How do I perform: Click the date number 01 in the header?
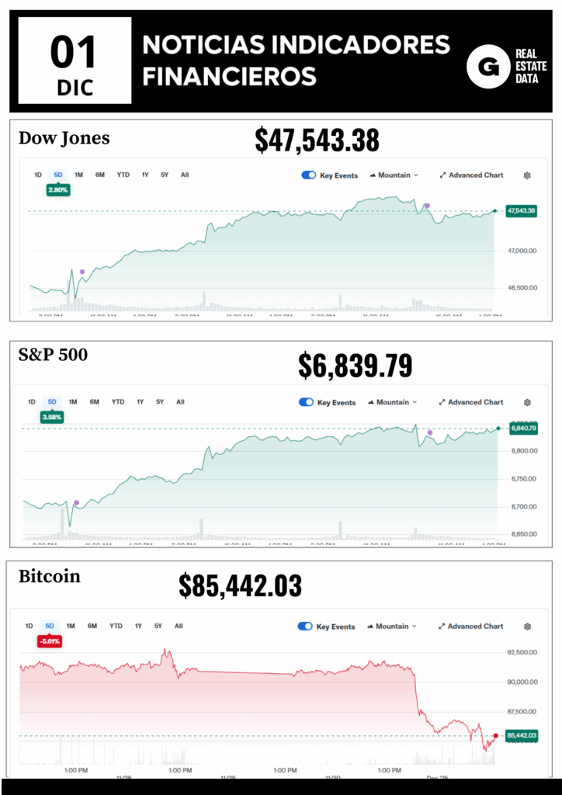74,53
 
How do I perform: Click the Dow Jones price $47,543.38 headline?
317,141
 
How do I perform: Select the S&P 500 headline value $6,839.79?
355,365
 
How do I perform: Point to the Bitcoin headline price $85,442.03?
240,586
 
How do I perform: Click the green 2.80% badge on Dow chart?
58,189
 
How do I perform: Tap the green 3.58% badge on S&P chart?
53,417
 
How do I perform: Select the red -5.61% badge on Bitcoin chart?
50,641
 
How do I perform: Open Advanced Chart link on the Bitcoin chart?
470,627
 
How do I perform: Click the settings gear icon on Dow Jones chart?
527,175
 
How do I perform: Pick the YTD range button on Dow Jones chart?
123,175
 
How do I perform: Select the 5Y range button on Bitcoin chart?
158,626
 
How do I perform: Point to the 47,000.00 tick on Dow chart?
522,251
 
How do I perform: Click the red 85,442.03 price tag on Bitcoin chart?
521,735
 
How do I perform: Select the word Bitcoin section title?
49,577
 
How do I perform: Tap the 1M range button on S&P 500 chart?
73,402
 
